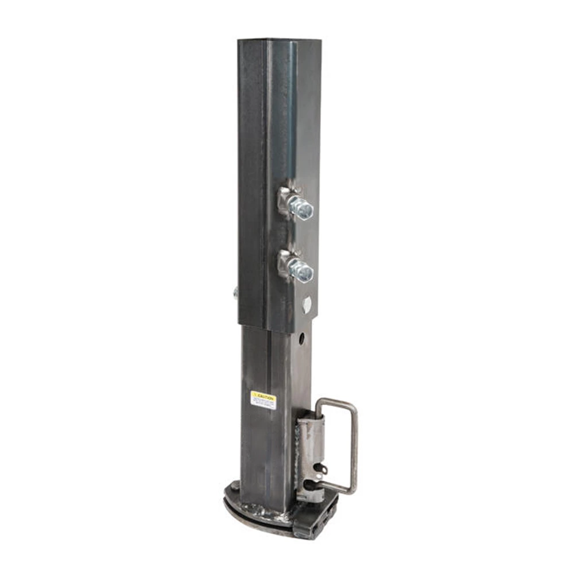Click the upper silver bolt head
302,207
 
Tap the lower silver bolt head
302,270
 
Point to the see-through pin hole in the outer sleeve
307,304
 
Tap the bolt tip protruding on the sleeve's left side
235,292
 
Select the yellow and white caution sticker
263,400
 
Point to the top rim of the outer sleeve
280,40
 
